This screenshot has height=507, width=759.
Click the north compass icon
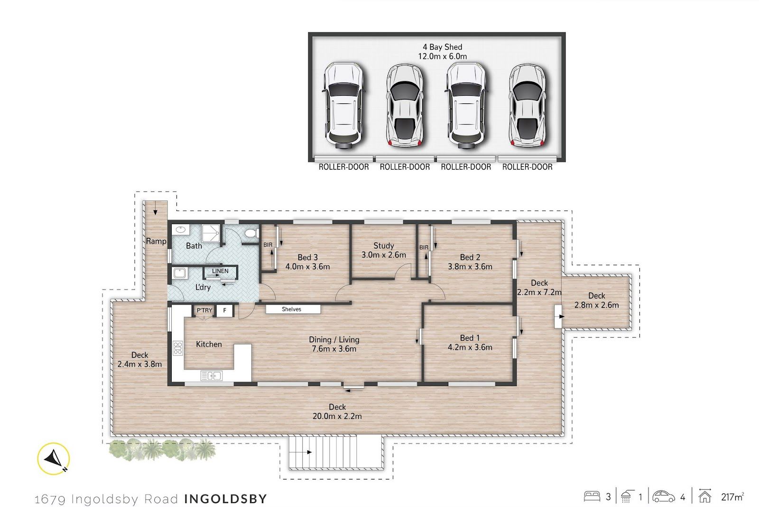[x=54, y=459]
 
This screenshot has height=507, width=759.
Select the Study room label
[x=384, y=245]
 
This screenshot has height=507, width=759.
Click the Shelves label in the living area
[x=291, y=309]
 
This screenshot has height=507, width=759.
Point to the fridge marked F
[x=224, y=310]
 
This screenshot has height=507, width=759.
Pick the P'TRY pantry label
[x=204, y=310]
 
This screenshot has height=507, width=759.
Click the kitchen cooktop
[x=178, y=348]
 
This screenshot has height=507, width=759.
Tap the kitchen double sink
[x=212, y=376]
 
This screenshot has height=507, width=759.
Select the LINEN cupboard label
[x=220, y=271]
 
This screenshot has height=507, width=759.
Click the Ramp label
[x=156, y=241]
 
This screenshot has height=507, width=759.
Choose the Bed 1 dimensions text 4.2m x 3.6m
[x=470, y=347]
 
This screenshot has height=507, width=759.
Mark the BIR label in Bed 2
[x=424, y=247]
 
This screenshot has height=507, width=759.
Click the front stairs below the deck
[x=336, y=453]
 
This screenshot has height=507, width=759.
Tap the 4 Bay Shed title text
[x=442, y=47]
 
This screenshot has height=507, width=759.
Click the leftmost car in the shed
[x=343, y=106]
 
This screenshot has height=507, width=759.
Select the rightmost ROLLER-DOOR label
[x=527, y=167]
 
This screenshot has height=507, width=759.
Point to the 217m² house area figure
[x=732, y=497]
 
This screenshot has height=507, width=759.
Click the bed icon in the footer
[x=592, y=497]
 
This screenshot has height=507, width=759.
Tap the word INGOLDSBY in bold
[x=226, y=498]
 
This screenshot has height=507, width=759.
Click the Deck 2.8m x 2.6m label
[x=596, y=300]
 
